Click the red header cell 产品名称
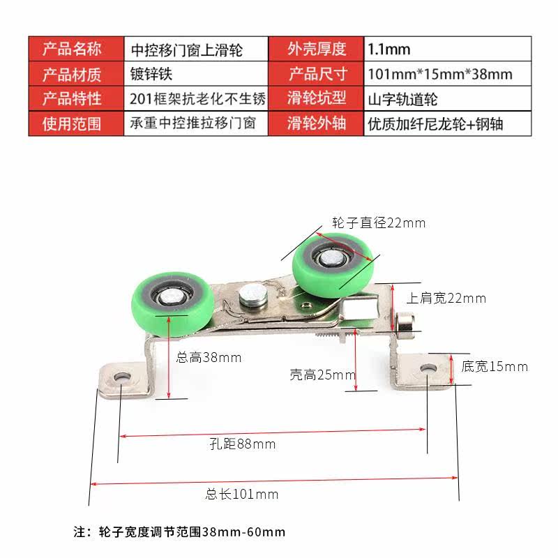click(x=73, y=49)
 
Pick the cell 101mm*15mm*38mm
click(x=439, y=73)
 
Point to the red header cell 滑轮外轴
click(x=317, y=124)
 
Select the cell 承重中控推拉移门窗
click(x=193, y=124)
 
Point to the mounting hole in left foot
click(x=123, y=377)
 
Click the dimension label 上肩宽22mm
click(x=446, y=299)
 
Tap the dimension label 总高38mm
click(x=209, y=358)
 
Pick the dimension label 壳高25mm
click(x=322, y=375)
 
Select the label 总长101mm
click(x=242, y=495)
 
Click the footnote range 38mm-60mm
click(x=243, y=531)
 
